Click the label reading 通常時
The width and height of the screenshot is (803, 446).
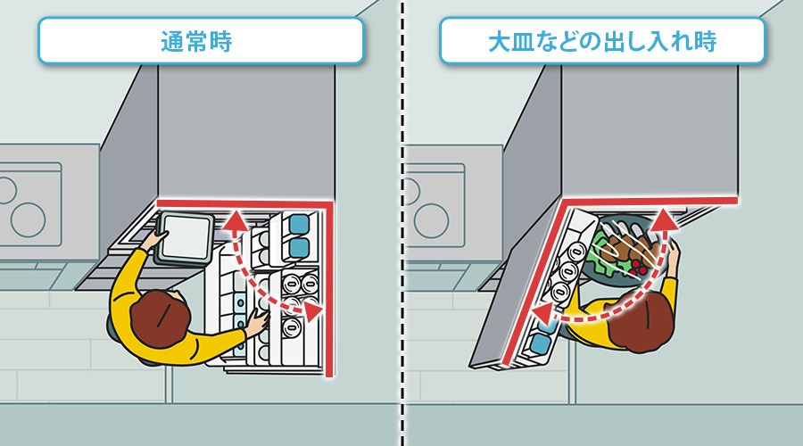point(196,41)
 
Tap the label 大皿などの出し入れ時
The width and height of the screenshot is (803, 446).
point(602,41)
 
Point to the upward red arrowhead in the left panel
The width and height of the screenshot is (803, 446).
point(236,220)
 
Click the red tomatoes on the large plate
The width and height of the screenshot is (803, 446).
point(639,268)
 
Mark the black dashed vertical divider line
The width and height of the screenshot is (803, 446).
point(402,223)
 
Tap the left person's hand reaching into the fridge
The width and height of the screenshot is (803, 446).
point(257,323)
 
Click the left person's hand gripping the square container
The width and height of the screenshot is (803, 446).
point(156,239)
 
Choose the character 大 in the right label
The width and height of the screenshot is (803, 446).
point(499,41)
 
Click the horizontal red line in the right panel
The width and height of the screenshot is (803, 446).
point(650,200)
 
